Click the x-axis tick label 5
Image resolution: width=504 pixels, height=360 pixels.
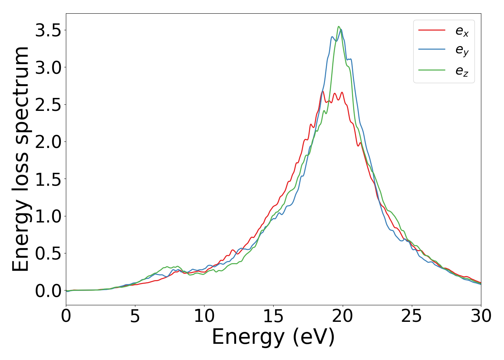[135, 316]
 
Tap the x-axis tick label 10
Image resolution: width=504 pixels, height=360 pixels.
[204, 316]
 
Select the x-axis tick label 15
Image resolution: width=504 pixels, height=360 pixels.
[273, 316]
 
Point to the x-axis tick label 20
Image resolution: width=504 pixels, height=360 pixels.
[342, 316]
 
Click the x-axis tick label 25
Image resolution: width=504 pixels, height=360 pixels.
[411, 316]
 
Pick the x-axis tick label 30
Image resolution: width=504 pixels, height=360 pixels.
[481, 316]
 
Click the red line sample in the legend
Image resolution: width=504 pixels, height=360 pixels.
[432, 30]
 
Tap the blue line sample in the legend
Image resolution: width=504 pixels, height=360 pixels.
[432, 50]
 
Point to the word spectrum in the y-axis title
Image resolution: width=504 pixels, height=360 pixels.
[21, 95]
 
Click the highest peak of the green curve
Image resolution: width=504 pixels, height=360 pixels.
[338, 26]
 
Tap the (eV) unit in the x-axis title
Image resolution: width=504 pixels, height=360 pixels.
[314, 338]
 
